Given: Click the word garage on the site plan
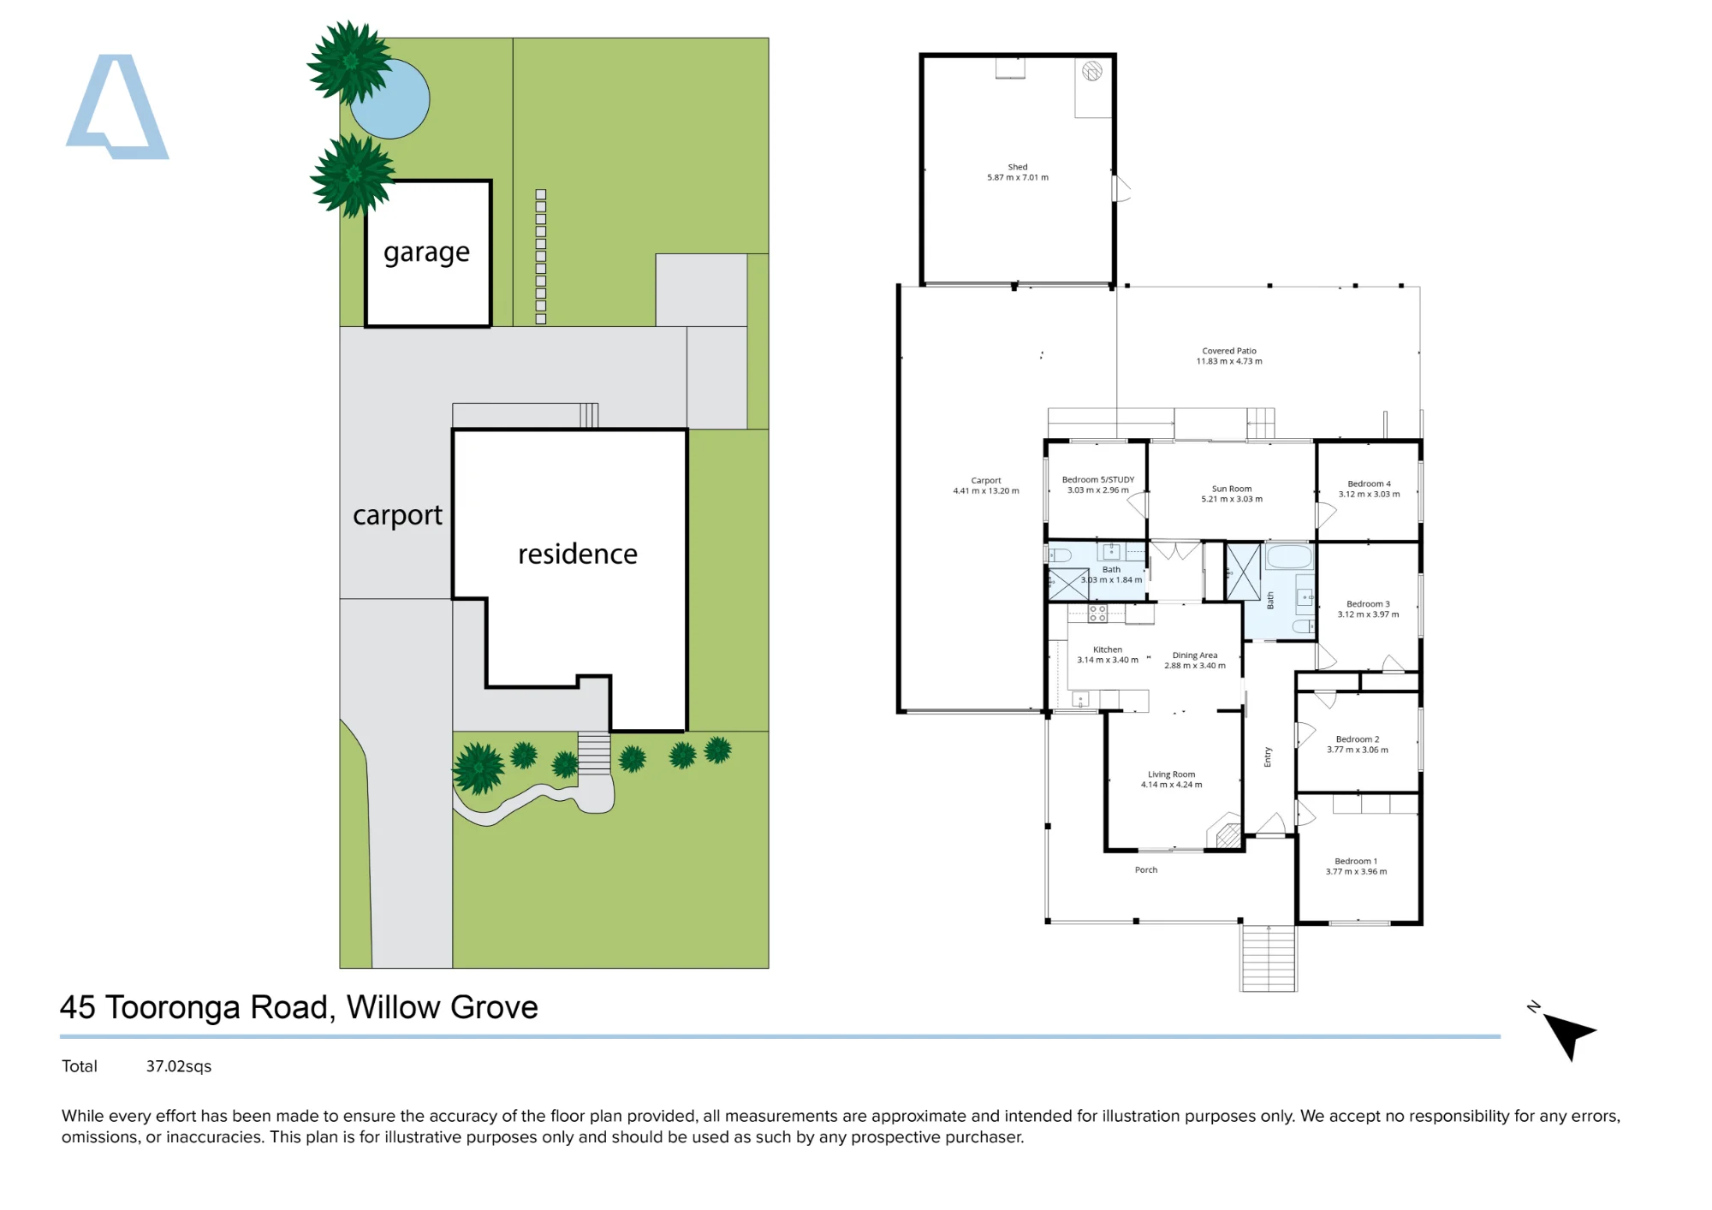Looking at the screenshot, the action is pos(426,253).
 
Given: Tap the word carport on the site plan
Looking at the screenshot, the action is pos(397,515).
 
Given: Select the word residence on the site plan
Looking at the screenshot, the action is pos(578,554).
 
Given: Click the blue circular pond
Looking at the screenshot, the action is pos(390,98).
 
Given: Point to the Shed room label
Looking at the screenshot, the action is pos(1018,167).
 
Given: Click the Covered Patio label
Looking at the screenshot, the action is pos(1229,351).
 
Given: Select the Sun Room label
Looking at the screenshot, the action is pos(1232,489).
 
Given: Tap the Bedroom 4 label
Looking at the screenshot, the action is pos(1370,483).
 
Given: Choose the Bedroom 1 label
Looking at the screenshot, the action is pos(1356,861).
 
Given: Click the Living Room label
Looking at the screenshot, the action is pos(1172,774).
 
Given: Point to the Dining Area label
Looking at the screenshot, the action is pos(1195,655).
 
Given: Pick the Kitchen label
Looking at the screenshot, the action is pos(1108,649).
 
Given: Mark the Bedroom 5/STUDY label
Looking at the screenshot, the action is pos(1098,480).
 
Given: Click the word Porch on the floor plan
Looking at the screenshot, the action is pos(1146,870).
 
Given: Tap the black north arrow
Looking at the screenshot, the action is pos(1570,1034).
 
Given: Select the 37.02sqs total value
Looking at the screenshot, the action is pos(179,1066).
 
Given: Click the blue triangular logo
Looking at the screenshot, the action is pos(117,107).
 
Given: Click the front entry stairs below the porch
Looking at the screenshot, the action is pos(1269,958).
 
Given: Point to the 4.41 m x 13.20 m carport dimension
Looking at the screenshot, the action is pos(986,491).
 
